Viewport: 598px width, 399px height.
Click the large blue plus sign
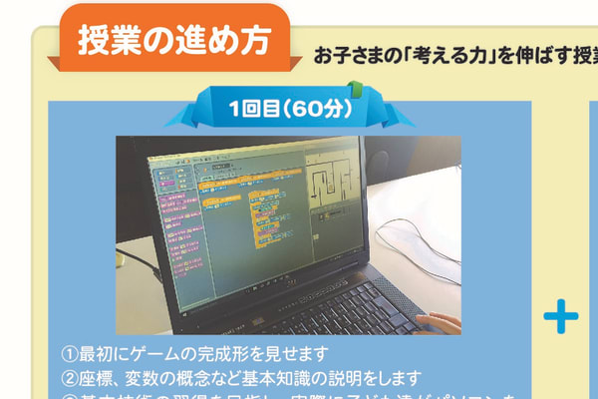561,317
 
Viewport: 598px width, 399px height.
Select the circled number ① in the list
70,354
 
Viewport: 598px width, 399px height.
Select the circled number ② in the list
70,378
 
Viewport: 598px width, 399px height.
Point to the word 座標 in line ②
97,378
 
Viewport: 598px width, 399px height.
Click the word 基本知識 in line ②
311,378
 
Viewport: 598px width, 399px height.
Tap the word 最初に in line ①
106,354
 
